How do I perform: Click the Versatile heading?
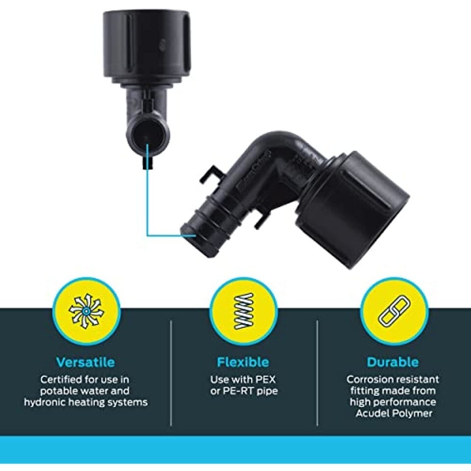tap(85, 362)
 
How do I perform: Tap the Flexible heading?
tap(243, 362)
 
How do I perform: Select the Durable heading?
tap(392, 362)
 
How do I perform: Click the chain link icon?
tap(393, 311)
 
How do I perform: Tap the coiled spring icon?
tap(244, 311)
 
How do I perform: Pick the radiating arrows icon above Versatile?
tap(86, 311)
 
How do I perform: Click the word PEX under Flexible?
tap(265, 380)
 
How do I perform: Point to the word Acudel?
tap(372, 414)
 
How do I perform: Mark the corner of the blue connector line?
tap(148, 235)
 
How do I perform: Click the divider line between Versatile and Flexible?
tap(171, 373)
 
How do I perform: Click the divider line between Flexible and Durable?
tap(317, 373)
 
